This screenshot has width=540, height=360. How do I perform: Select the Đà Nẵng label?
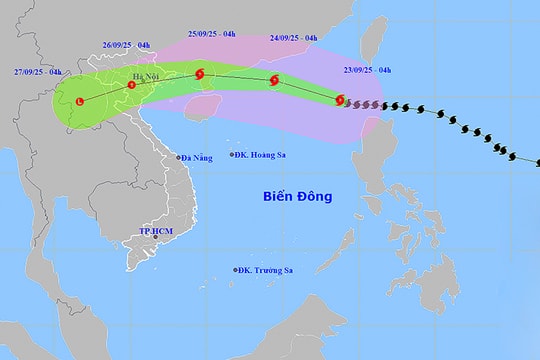[199, 157]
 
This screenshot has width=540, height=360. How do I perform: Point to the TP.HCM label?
[156, 233]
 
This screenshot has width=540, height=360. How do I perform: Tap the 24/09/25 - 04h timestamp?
[294, 39]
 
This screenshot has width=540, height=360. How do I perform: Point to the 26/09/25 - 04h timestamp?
[126, 44]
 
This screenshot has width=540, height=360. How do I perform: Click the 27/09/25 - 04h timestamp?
[36, 72]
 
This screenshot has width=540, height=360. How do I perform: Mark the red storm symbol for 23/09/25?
[341, 100]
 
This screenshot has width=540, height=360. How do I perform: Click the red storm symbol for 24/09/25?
[274, 81]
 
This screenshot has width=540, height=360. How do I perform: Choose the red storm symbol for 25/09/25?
[201, 73]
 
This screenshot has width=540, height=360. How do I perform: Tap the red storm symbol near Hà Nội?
[131, 86]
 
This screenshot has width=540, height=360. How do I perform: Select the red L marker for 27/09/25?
[78, 99]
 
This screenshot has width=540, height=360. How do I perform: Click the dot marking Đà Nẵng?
[179, 158]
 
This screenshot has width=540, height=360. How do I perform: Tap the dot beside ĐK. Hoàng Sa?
[232, 155]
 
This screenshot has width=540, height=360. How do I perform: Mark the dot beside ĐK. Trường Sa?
[235, 270]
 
